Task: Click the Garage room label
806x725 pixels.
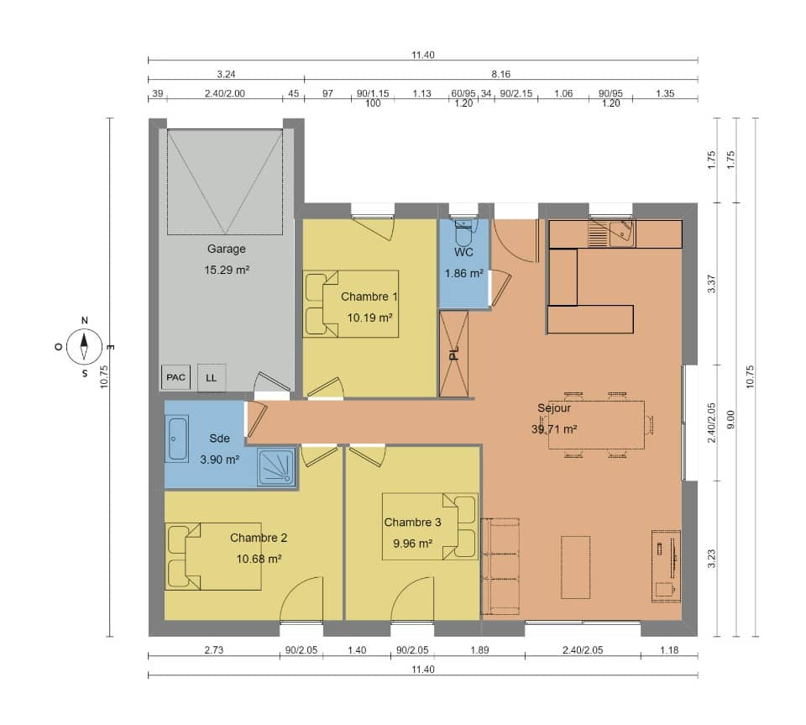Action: coord(227,249)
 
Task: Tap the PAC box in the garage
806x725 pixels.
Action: coord(175,378)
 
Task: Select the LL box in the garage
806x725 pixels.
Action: coord(211,378)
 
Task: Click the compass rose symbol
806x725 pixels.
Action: coord(84,344)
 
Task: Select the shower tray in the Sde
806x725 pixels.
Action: coord(276,467)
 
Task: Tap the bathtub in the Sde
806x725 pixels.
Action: coord(178,441)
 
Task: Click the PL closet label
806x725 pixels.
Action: coord(453,354)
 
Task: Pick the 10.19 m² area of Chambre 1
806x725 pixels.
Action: coord(370,318)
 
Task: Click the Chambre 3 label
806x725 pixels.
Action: coord(412,523)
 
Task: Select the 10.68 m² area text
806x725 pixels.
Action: coord(258,558)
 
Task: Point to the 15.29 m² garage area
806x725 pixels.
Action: coord(227,270)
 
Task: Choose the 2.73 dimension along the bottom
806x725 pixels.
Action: coord(213,650)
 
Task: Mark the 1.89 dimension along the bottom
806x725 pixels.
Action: coord(479,650)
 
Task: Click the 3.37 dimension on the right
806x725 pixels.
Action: coord(711,284)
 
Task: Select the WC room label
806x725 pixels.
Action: coord(464,252)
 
